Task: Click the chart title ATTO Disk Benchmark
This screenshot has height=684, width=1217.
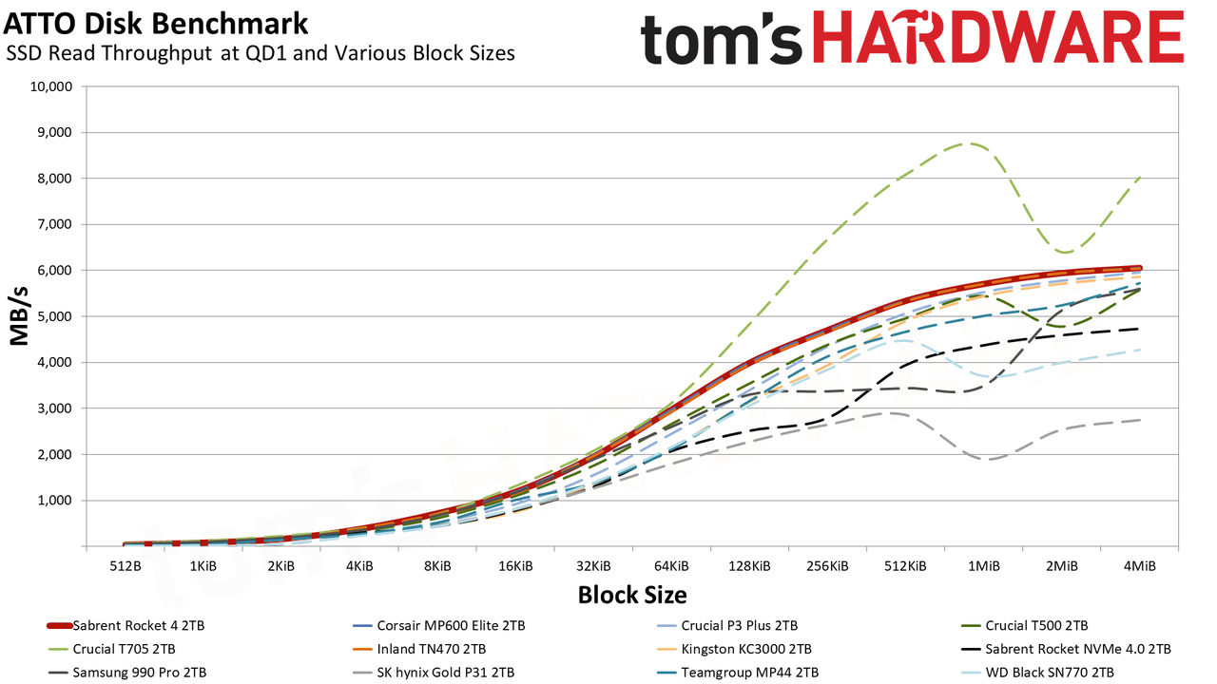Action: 156,24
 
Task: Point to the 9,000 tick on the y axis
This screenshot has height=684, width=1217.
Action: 51,132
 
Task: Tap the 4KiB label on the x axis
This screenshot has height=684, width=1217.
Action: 359,566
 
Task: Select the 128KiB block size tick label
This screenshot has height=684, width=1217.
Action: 750,566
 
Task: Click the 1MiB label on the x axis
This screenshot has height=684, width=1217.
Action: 984,566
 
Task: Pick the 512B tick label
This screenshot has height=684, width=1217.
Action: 126,566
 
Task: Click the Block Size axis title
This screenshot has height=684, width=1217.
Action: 632,595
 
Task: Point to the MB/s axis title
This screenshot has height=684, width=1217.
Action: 19,316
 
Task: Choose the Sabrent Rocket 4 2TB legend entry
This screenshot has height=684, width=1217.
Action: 126,626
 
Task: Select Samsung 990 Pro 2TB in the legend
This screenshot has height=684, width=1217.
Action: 127,673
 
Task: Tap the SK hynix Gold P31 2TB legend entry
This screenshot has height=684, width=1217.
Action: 433,673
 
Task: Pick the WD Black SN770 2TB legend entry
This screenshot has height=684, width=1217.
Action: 1037,673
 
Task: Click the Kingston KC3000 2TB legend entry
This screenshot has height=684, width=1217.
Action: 734,649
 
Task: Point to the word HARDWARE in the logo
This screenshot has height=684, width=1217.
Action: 998,38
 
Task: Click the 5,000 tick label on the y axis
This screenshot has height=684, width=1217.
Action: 51,316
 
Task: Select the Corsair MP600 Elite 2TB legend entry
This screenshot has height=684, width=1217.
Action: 439,626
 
